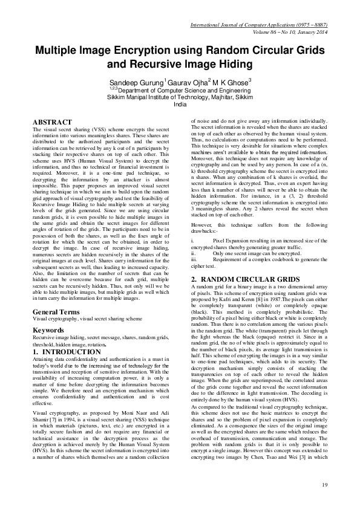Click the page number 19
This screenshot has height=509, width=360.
pos(324,485)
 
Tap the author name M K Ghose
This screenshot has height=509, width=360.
pos(229,81)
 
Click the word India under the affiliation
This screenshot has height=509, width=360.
pos(180,105)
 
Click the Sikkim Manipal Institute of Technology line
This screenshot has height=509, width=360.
pos(180,97)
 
